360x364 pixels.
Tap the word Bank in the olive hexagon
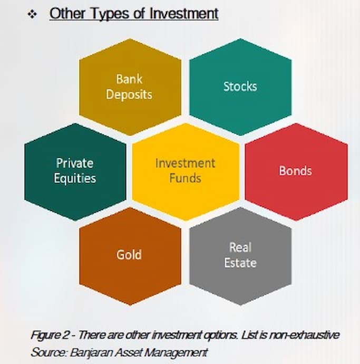[x=129, y=80]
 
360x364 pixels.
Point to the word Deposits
[x=129, y=94]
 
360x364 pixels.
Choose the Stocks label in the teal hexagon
[x=240, y=87]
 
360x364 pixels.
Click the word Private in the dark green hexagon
[x=75, y=163]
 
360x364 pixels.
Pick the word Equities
[x=75, y=178]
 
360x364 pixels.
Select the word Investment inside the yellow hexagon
[x=185, y=162]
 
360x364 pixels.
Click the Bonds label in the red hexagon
[x=295, y=171]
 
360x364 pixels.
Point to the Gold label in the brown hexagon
[x=129, y=255]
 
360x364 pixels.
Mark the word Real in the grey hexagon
[x=240, y=247]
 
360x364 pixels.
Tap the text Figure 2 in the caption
[x=47, y=335]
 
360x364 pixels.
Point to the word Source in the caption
[x=44, y=352]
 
